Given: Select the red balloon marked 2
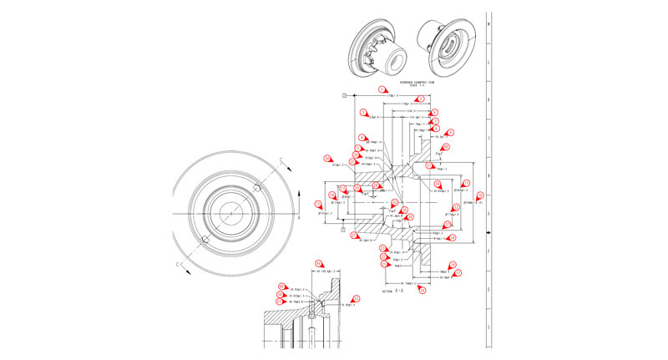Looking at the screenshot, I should (x=422, y=99).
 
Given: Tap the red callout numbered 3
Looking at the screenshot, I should (x=363, y=112).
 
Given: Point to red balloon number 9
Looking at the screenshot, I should (x=449, y=132).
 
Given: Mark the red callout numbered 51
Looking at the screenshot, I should (x=357, y=298).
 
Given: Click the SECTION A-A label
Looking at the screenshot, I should (x=392, y=292).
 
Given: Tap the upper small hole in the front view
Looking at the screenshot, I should (x=258, y=190).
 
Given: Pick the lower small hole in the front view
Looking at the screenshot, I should (x=205, y=242).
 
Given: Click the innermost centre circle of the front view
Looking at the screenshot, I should (x=231, y=215).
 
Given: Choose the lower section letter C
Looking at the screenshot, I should (x=178, y=266).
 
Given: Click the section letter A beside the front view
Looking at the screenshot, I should (x=298, y=215).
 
